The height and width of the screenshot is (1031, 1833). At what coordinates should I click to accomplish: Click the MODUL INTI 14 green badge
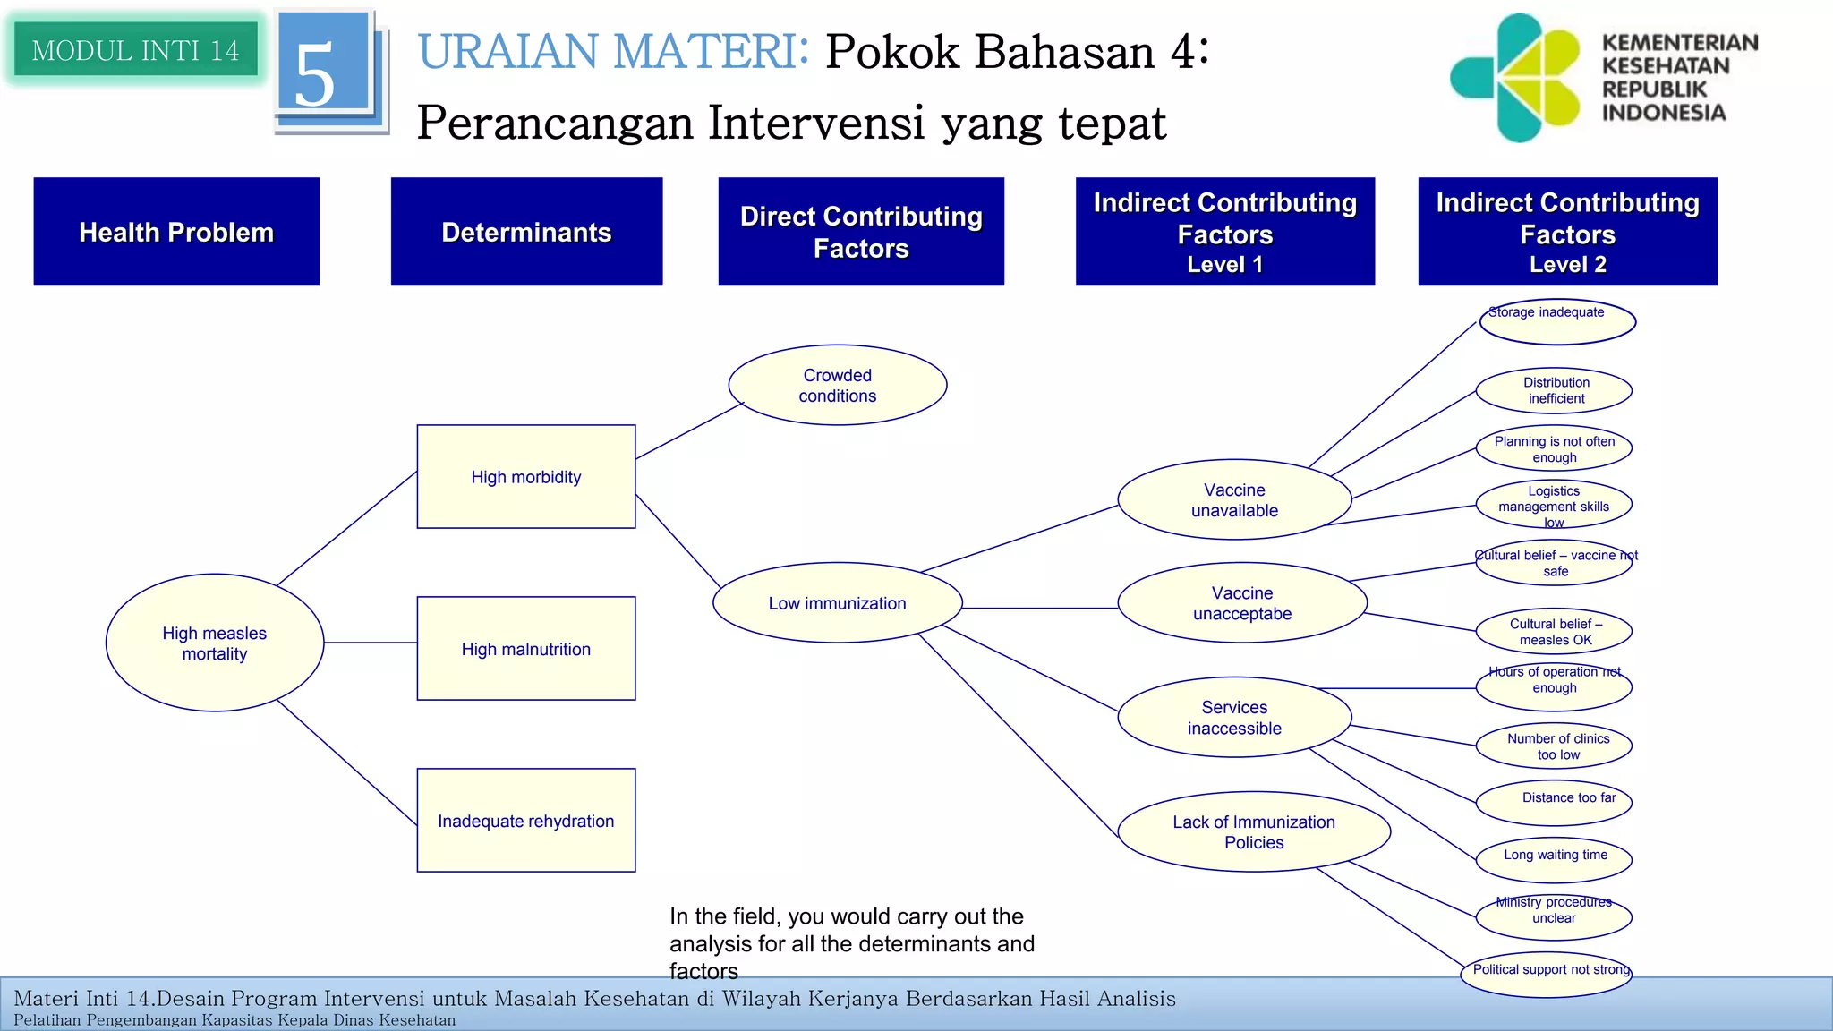coord(136,50)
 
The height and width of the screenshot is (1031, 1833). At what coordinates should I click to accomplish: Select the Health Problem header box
coord(176,232)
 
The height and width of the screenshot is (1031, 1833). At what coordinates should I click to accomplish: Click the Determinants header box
coord(526,232)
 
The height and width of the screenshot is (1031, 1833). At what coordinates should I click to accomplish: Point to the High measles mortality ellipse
coord(215,643)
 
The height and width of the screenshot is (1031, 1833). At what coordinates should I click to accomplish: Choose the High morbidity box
coord(526,477)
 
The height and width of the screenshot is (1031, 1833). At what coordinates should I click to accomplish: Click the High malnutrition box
coord(526,649)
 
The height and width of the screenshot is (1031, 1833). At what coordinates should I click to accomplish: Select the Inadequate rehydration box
coord(526,821)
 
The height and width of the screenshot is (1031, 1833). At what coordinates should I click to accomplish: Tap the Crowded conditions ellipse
coord(837,385)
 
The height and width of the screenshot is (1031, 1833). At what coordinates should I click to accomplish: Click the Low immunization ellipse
coord(837,603)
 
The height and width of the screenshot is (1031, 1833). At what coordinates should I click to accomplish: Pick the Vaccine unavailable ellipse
coord(1234,499)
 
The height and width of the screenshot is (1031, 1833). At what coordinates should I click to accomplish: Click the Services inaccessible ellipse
coord(1234,717)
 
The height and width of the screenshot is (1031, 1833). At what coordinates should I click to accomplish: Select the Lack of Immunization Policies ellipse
coord(1253,831)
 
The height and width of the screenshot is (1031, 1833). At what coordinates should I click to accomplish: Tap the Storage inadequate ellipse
coord(1556,322)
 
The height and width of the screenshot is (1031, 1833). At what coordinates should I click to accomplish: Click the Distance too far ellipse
coord(1554,802)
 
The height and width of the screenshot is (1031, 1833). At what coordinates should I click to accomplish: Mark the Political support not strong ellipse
coord(1547,975)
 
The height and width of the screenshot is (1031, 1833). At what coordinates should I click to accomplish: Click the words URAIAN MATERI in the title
coord(613,51)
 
